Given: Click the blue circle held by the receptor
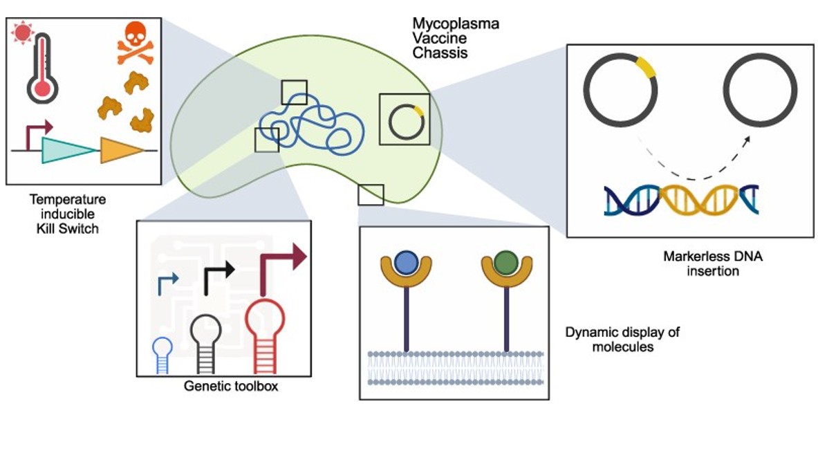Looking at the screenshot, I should pyautogui.click(x=406, y=263).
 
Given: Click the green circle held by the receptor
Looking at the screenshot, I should pyautogui.click(x=506, y=263).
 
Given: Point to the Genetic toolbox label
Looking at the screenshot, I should pyautogui.click(x=231, y=386).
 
